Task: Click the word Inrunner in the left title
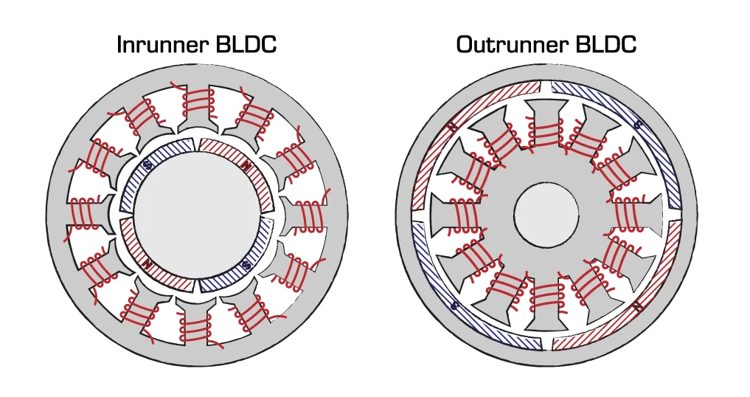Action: pos(162,44)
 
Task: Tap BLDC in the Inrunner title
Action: pos(246,44)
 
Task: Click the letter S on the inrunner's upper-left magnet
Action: pos(147,166)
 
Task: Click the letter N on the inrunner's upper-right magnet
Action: pos(246,165)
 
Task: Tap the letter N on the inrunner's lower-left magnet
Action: pos(148,263)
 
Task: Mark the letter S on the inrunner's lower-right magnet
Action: pos(247,263)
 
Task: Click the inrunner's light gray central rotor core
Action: pos(197,214)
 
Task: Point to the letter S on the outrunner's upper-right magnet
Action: pos(639,125)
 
